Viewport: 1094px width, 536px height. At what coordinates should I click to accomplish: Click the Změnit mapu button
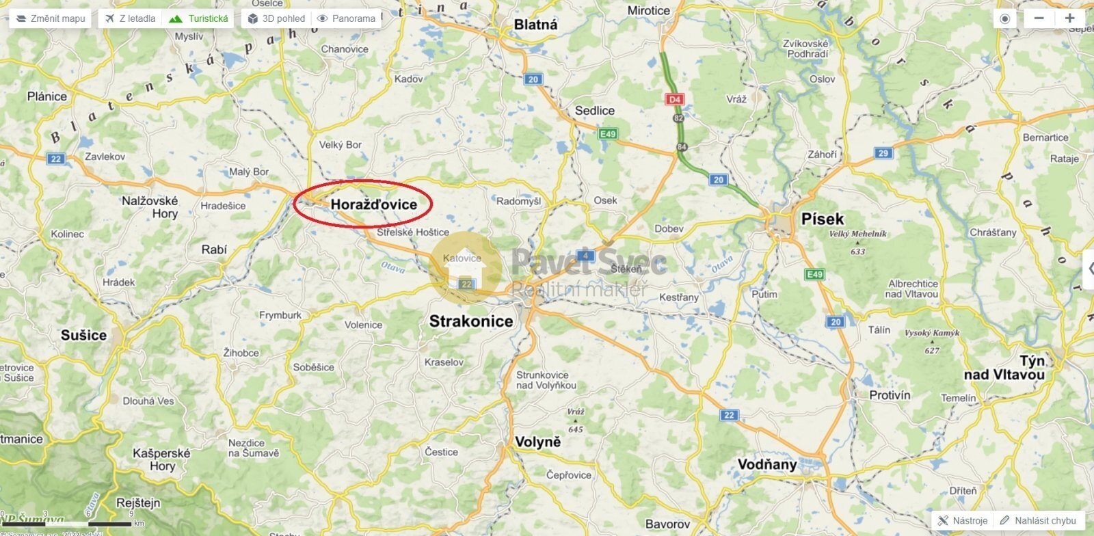click(51, 18)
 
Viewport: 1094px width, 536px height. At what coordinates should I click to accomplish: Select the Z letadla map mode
click(130, 18)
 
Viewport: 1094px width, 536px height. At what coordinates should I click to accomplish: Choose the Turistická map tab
click(199, 18)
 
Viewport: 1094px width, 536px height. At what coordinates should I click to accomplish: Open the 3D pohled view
click(276, 18)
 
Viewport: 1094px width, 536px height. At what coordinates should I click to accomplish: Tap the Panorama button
click(347, 18)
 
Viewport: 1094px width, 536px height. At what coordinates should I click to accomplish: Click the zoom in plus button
click(1070, 18)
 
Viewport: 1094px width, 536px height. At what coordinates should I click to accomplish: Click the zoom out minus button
click(1039, 18)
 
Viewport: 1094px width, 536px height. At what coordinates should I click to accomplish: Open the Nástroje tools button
click(963, 520)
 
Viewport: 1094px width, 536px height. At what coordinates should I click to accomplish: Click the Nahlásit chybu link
click(1038, 520)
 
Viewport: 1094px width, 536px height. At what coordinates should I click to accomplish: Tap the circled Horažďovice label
click(373, 204)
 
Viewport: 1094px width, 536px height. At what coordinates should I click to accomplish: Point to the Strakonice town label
click(470, 321)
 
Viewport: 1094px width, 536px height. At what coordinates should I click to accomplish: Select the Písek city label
click(823, 219)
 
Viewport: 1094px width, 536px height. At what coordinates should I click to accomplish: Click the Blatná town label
click(535, 25)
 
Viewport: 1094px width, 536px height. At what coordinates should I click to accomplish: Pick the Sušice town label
click(83, 335)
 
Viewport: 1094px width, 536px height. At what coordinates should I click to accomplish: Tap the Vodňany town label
click(767, 465)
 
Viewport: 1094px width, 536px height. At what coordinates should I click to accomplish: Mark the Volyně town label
click(537, 442)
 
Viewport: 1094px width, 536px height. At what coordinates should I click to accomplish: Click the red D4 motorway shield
click(675, 99)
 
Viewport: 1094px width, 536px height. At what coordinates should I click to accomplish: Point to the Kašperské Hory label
click(162, 459)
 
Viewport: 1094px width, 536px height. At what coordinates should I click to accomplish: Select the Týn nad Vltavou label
click(1004, 368)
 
